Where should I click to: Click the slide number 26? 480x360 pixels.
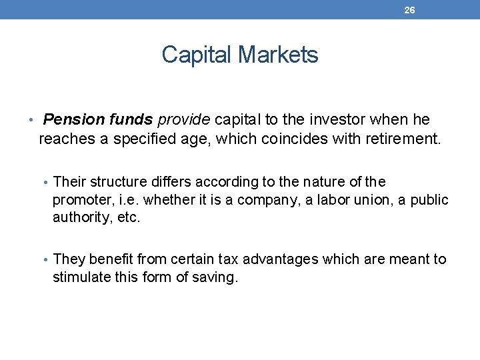[x=409, y=10]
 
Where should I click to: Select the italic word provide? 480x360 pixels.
[x=183, y=120]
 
